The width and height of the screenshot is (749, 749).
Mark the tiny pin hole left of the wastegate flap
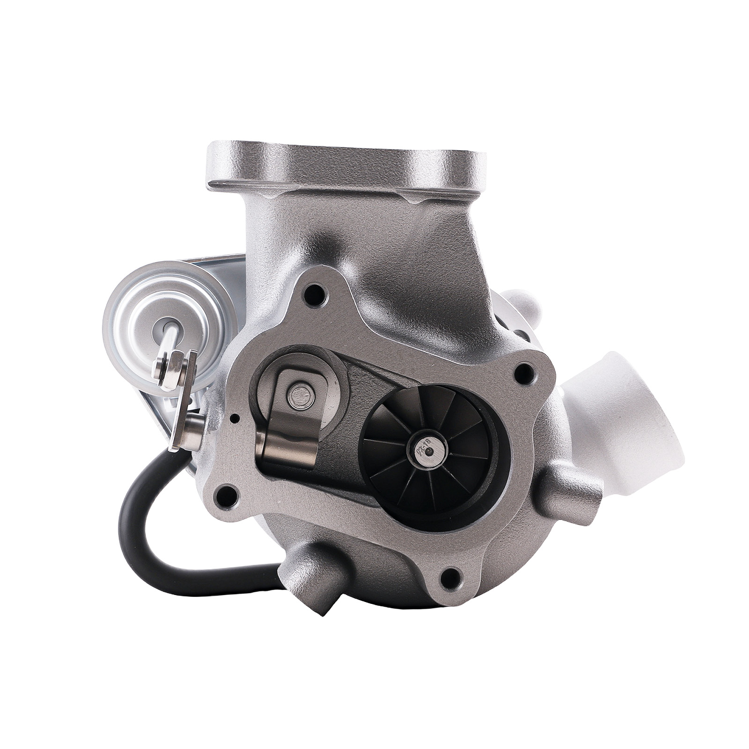[x=237, y=417]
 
